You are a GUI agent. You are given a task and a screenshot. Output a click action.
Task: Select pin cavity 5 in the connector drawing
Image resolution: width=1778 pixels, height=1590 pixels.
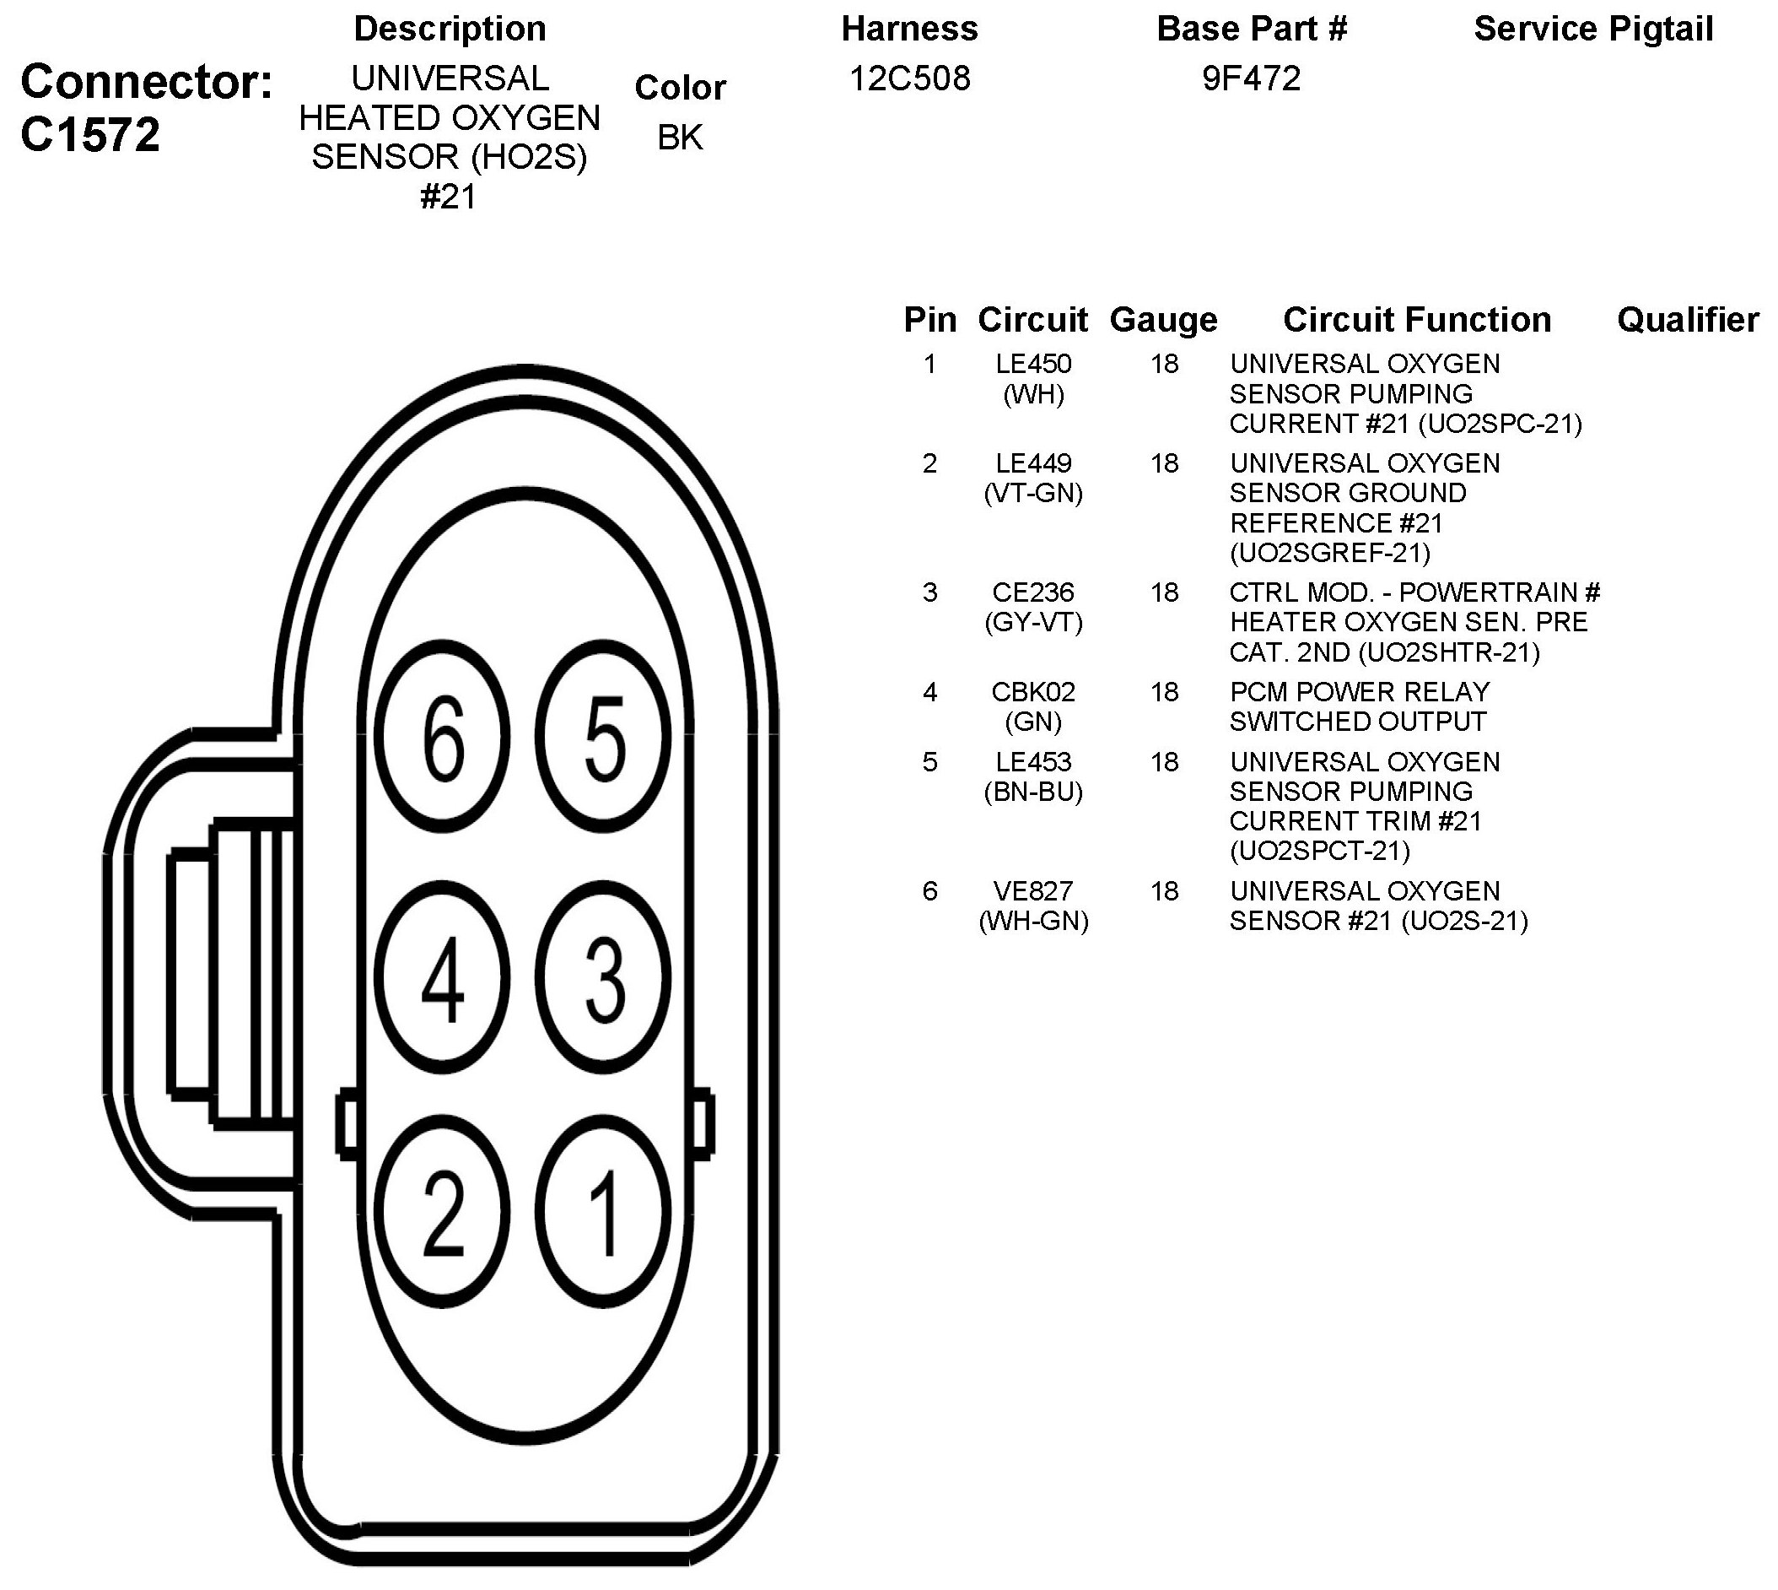tap(603, 736)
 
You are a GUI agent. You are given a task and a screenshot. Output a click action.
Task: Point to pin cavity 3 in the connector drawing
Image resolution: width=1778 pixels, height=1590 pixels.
tap(603, 977)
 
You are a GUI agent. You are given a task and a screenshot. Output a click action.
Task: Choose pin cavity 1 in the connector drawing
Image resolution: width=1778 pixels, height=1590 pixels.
tap(603, 1213)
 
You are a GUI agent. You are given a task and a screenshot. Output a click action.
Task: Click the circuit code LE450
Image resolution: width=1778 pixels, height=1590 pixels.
tap(1033, 364)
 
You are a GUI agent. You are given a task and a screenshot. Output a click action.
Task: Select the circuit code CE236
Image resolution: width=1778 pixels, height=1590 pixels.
tap(1033, 592)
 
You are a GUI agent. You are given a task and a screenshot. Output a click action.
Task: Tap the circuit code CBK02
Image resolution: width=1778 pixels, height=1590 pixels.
tap(1033, 692)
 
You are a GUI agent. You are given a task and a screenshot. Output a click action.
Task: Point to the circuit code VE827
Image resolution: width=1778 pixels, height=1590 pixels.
tap(1033, 891)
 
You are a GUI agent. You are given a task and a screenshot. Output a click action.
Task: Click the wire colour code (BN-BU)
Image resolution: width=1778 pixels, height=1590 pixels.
tap(1033, 792)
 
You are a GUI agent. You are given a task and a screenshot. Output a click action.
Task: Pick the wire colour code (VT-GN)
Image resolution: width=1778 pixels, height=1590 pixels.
tap(1033, 494)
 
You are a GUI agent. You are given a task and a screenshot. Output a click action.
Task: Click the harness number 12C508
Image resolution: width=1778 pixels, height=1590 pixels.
tap(909, 78)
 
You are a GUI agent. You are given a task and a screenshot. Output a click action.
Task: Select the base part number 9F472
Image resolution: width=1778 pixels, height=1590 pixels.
tap(1251, 78)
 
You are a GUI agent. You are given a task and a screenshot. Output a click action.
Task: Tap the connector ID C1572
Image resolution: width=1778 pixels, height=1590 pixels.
tap(90, 135)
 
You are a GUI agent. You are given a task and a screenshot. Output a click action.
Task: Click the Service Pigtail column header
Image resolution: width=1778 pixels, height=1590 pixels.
tap(1593, 29)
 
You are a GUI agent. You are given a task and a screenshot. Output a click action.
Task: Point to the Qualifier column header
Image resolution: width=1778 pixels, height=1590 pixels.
tap(1687, 320)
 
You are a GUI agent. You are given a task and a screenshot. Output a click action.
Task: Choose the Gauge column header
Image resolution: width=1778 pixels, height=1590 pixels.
tap(1163, 320)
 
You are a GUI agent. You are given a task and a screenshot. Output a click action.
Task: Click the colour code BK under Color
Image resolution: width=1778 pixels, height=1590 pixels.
tap(680, 138)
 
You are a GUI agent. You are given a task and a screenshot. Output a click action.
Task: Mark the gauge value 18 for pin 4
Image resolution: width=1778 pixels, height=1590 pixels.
tap(1164, 692)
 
